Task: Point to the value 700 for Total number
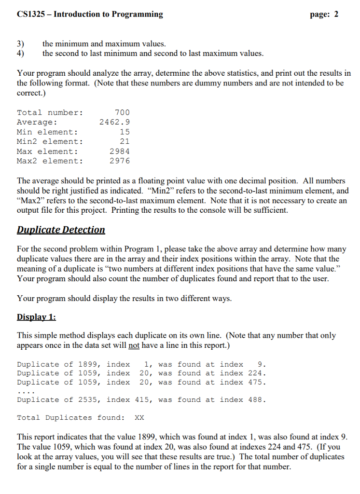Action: coord(123,112)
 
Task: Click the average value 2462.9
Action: coord(114,122)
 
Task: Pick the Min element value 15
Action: coord(125,132)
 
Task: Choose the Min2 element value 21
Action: coord(125,141)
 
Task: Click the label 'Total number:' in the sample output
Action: coord(50,112)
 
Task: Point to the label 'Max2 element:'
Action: coord(50,161)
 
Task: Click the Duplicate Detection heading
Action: coord(61,230)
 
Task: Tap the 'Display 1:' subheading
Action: coord(36,317)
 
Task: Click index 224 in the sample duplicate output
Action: coord(257,373)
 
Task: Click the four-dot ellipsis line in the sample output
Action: coord(25,391)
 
